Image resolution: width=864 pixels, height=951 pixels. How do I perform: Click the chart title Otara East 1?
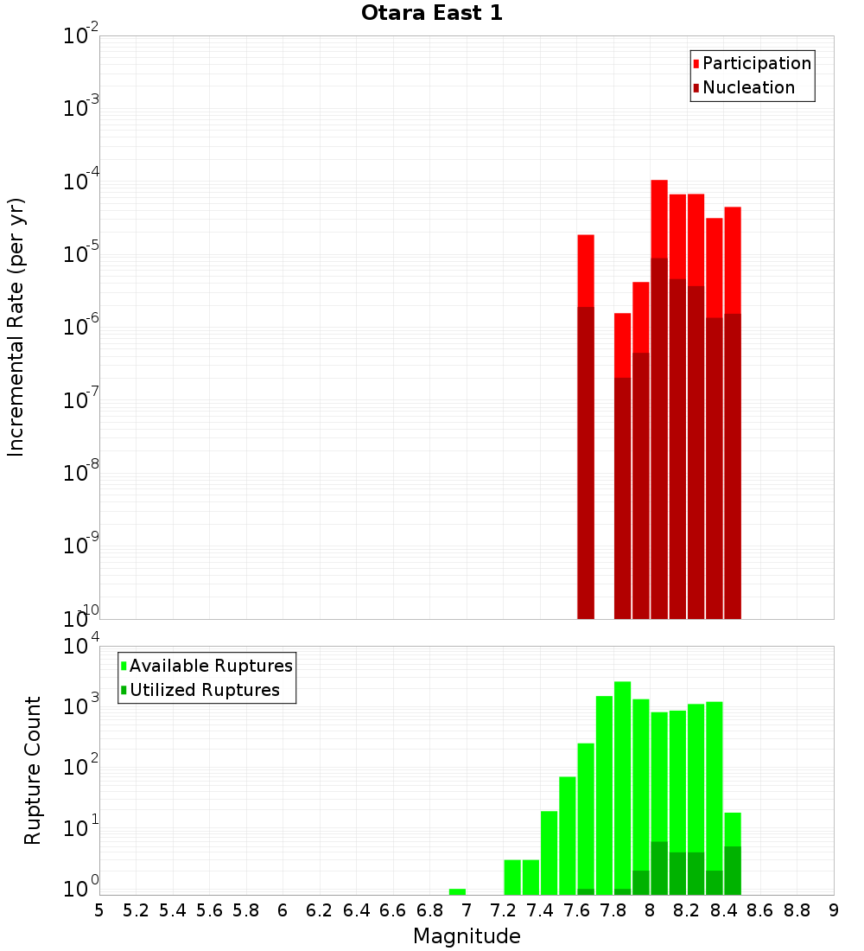(x=431, y=14)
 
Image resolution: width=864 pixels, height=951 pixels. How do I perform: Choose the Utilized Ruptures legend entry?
(x=203, y=690)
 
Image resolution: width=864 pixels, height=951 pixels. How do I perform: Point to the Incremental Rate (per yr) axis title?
(x=16, y=327)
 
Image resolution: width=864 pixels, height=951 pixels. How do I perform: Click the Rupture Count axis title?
(x=33, y=769)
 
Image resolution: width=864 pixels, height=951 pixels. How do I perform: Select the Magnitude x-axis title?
(x=467, y=936)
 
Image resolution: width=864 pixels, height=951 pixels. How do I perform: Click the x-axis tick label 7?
(x=467, y=910)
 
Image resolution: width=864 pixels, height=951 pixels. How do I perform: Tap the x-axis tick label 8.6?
(x=760, y=910)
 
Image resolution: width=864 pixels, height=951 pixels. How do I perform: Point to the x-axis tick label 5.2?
(x=136, y=910)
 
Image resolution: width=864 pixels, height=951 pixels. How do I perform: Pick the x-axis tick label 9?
(x=834, y=910)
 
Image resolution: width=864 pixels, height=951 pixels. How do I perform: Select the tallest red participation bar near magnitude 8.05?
(x=659, y=216)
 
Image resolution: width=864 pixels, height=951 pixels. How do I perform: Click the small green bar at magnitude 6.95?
(x=458, y=891)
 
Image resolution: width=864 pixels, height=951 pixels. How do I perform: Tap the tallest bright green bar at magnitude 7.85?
(x=622, y=778)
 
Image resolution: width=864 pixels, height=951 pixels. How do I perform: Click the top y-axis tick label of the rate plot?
(x=81, y=36)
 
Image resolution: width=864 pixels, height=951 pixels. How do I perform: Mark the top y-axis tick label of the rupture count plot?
(x=81, y=647)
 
